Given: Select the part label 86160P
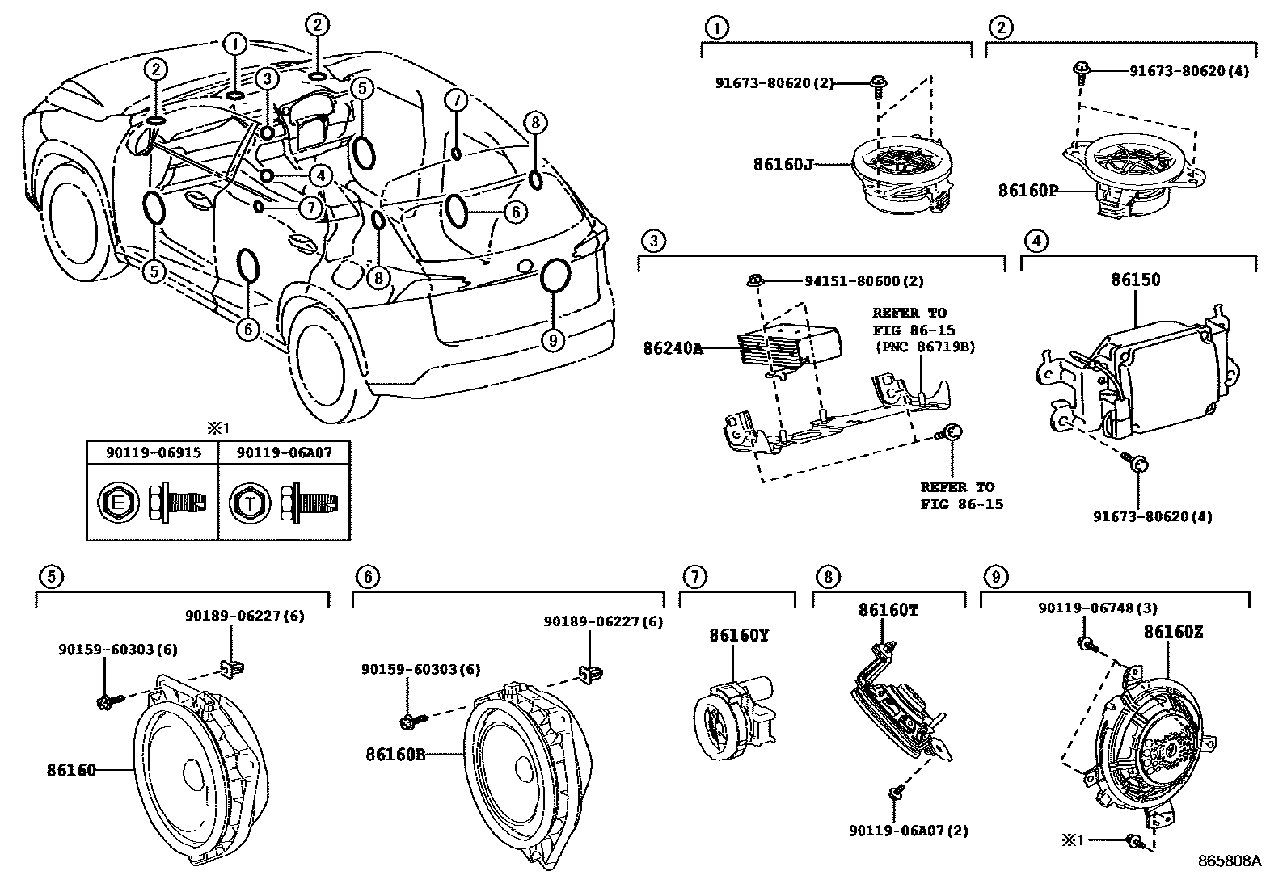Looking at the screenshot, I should (x=1027, y=191).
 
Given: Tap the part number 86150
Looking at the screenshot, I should (x=1135, y=280).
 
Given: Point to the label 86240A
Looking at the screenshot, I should (x=673, y=348).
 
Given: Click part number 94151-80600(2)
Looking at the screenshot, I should (x=863, y=281).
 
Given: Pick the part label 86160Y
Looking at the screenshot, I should (x=739, y=636).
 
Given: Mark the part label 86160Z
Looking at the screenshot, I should (x=1172, y=632).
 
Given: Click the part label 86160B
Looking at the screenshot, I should (x=395, y=754).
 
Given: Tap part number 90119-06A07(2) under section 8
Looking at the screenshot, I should (x=909, y=830).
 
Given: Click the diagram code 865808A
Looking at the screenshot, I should (x=1229, y=861).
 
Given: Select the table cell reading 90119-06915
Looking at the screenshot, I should (x=153, y=452).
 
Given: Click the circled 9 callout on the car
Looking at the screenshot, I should (x=553, y=340).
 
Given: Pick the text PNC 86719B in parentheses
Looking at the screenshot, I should (x=923, y=347).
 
